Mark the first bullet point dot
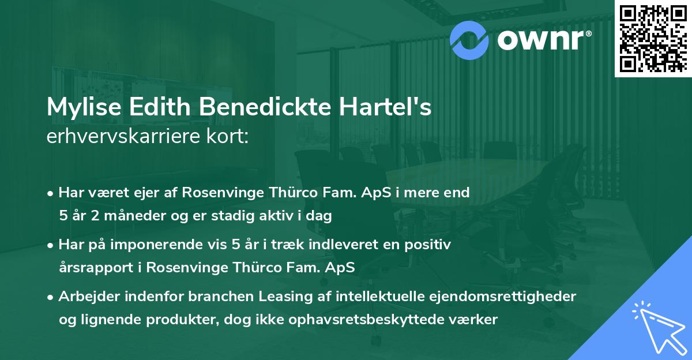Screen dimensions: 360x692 coord(51,193)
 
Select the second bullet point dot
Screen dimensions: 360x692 coord(51,245)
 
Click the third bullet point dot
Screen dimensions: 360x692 coord(51,297)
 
